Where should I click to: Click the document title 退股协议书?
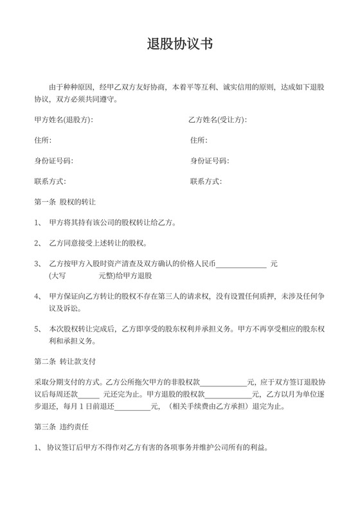pyautogui.click(x=179, y=44)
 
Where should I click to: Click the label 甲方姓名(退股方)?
pyautogui.click(x=64, y=120)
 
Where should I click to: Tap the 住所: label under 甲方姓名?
pyautogui.click(x=42, y=140)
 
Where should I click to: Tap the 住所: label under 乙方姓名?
pyautogui.click(x=199, y=140)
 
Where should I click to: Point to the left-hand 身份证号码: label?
pyautogui.click(x=53, y=161)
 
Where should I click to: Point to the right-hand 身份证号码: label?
pyautogui.click(x=210, y=161)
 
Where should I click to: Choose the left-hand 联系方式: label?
pyautogui.click(x=50, y=181)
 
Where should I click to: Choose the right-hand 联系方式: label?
pyautogui.click(x=206, y=181)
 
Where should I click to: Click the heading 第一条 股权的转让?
pyautogui.click(x=64, y=202)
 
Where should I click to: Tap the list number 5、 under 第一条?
pyautogui.click(x=37, y=328)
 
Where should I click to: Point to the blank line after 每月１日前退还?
pyautogui.click(x=131, y=407)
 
